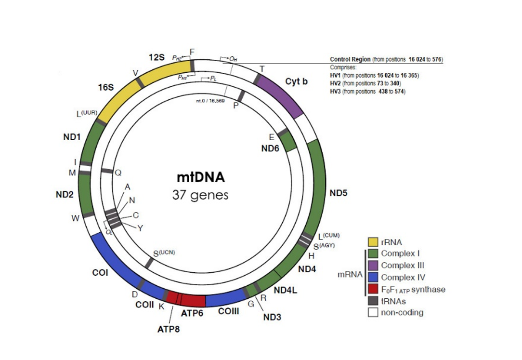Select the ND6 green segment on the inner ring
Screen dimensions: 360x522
(x=288, y=142)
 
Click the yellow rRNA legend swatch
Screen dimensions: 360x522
(x=373, y=242)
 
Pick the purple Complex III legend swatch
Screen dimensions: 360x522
(x=373, y=266)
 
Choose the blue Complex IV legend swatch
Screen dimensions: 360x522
(x=373, y=277)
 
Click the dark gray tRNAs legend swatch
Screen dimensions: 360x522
(x=373, y=301)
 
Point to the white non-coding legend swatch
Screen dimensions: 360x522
(x=373, y=312)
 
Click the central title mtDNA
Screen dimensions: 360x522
(x=200, y=177)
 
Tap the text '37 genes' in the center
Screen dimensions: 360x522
(x=200, y=196)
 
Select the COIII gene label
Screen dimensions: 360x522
(x=228, y=311)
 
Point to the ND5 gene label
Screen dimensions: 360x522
(x=339, y=193)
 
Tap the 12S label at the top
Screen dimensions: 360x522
(x=157, y=57)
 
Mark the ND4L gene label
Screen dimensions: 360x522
(x=285, y=290)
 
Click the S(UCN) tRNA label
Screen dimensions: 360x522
(x=164, y=253)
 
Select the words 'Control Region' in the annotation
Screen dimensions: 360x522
(x=350, y=59)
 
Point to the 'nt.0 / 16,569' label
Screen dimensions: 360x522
(x=209, y=100)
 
